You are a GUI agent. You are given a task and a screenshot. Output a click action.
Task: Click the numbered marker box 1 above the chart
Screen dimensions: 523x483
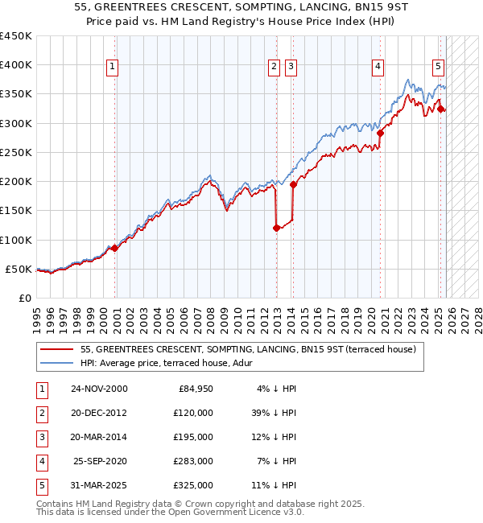pyautogui.click(x=112, y=67)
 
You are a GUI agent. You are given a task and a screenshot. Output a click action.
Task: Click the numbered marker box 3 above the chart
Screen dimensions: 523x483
pyautogui.click(x=291, y=67)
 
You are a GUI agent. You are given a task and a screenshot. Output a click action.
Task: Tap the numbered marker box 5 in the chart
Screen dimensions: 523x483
pyautogui.click(x=438, y=67)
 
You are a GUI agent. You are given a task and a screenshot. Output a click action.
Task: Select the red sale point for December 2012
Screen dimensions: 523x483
pyautogui.click(x=276, y=228)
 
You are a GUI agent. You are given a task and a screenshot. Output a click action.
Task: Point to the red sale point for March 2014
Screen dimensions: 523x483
pyautogui.click(x=293, y=184)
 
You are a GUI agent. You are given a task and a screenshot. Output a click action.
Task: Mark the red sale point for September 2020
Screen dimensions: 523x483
pyautogui.click(x=380, y=134)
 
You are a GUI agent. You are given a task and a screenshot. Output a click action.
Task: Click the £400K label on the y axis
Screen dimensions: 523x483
pyautogui.click(x=16, y=65)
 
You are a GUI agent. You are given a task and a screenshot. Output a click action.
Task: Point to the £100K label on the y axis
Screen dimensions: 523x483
pyautogui.click(x=16, y=240)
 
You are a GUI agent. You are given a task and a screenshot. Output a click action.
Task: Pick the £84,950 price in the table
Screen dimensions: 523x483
pyautogui.click(x=193, y=389)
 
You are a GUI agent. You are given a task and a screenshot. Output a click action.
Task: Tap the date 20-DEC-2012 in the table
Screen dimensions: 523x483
pyautogui.click(x=99, y=412)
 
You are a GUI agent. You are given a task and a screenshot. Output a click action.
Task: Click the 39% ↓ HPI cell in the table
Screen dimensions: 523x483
pyautogui.click(x=275, y=412)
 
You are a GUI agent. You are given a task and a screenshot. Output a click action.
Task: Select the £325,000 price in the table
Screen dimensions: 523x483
pyautogui.click(x=193, y=485)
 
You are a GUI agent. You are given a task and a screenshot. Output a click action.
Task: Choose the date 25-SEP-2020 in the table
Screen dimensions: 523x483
pyautogui.click(x=99, y=461)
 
